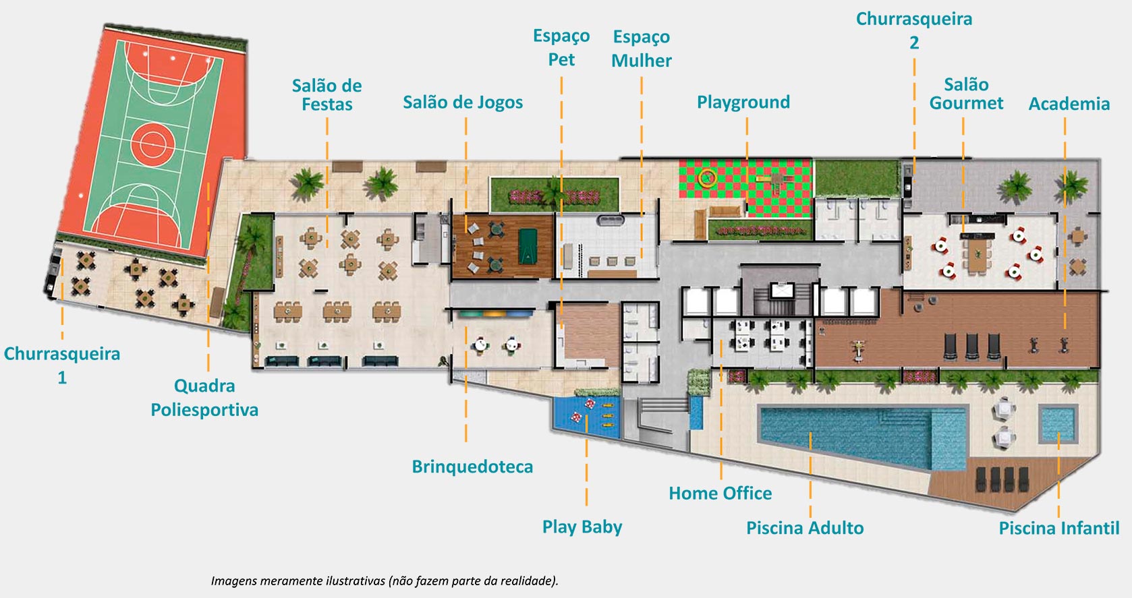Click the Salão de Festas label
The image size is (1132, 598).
pos(327,95)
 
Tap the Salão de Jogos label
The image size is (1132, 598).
pos(463,102)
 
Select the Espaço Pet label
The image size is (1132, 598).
pos(561,47)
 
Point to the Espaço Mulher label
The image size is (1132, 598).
pos(642,49)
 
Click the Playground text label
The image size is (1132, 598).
pos(743,102)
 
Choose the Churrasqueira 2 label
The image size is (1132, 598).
pos(914,30)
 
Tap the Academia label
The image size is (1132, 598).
pos(1069,104)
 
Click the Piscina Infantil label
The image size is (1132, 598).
pos(1058,528)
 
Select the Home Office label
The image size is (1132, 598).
pos(720,494)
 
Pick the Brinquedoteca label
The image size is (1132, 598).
pos(472,467)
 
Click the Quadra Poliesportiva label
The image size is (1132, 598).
pos(204,398)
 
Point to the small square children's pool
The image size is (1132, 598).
pos(1057,423)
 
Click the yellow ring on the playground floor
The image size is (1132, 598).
pos(707,178)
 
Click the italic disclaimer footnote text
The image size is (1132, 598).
pos(385,580)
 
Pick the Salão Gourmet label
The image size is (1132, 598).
pos(965,94)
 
